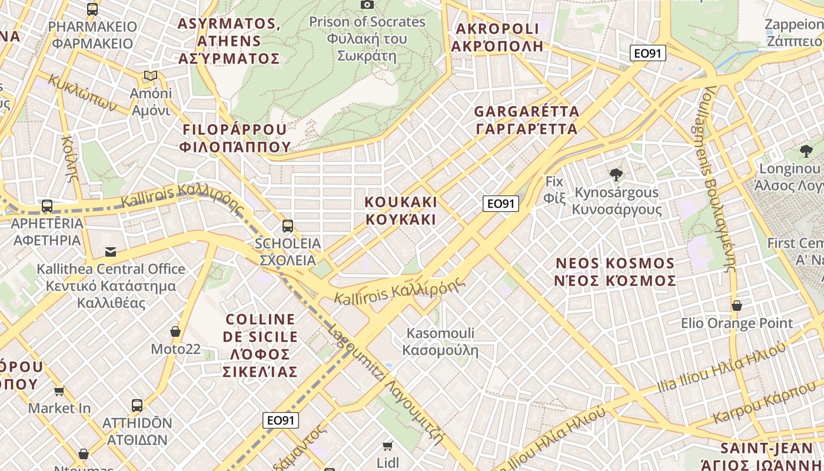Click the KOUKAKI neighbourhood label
(401, 211)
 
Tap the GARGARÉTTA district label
(526, 120)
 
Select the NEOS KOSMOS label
(615, 271)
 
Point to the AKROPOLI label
(497, 37)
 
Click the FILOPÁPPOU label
(235, 138)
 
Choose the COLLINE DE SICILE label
(260, 345)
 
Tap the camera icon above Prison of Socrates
(367, 5)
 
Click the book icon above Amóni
(151, 76)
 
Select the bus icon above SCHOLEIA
(288, 225)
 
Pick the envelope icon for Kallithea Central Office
(110, 252)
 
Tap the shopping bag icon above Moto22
(175, 332)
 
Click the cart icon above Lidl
(387, 446)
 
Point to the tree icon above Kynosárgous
(616, 174)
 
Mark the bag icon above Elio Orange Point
(736, 306)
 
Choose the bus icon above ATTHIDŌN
(137, 405)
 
